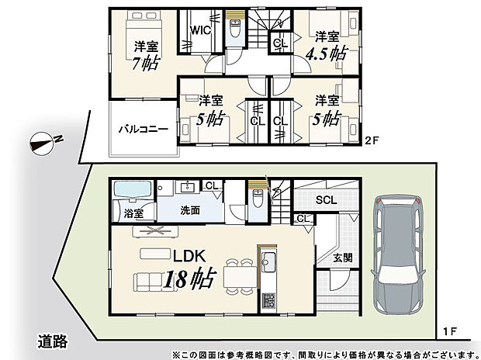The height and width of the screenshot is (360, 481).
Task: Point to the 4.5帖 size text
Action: [x=327, y=54]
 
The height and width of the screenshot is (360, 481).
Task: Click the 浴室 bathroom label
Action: [x=133, y=212]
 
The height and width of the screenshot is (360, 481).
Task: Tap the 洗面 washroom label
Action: [x=191, y=210]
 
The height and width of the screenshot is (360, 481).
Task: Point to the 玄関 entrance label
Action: [x=343, y=257]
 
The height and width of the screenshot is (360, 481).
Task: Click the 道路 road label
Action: [x=55, y=340]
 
